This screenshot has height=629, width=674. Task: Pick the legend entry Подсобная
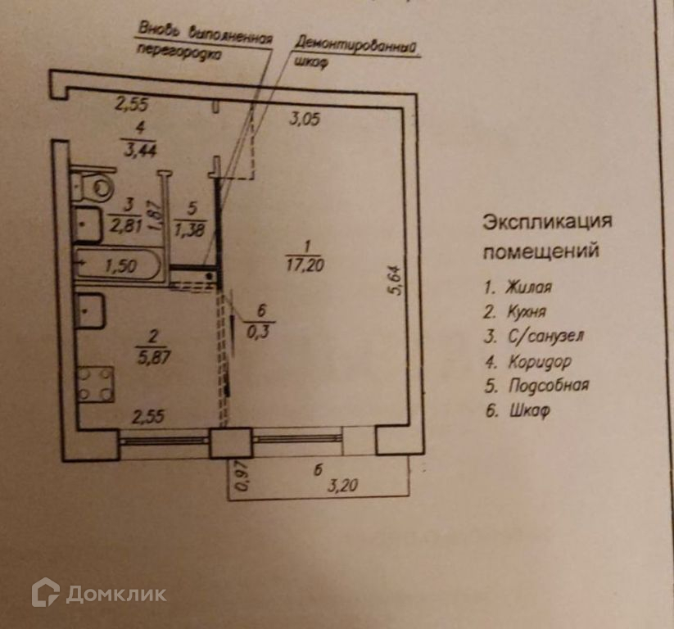[x=546, y=385]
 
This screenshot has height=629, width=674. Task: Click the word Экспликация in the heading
[x=546, y=222]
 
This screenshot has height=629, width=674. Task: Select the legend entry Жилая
[x=528, y=287]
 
